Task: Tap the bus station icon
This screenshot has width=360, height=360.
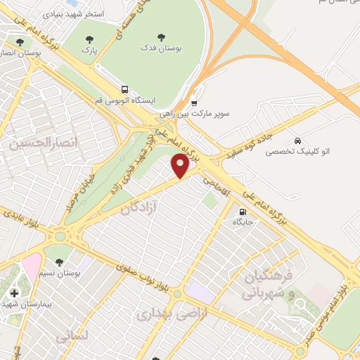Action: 124,89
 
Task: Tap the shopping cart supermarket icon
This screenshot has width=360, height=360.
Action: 194,103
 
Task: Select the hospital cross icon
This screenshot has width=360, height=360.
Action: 13,292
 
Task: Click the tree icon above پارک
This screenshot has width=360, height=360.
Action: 88,40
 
